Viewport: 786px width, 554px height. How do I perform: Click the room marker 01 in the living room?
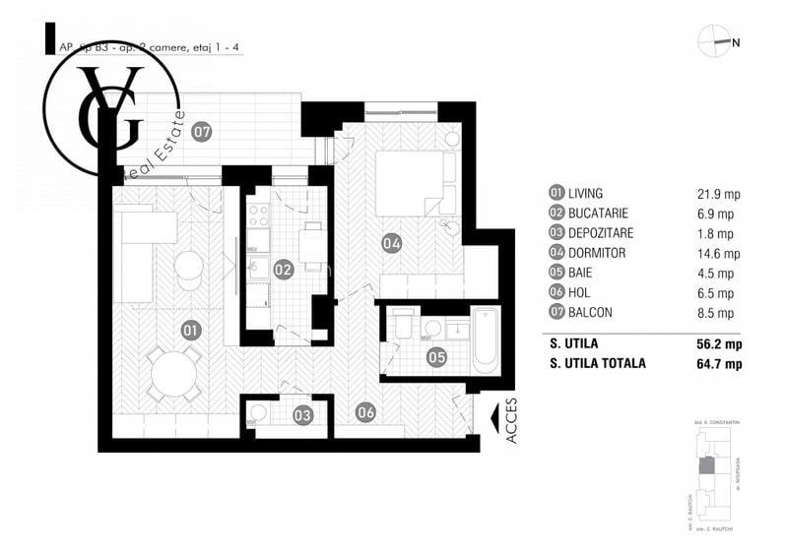[190, 330]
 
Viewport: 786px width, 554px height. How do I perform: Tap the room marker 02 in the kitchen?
[284, 268]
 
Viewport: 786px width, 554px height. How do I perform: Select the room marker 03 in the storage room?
[302, 415]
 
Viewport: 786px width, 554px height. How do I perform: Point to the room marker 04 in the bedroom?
[391, 242]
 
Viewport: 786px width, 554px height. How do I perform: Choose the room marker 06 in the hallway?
[365, 413]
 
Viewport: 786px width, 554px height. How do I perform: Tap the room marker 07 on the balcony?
[201, 131]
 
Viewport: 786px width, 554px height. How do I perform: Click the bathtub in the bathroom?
[486, 340]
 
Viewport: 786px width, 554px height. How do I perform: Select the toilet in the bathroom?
[402, 325]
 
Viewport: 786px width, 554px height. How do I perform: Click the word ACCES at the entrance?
[512, 420]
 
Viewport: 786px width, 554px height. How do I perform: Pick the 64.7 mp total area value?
[718, 364]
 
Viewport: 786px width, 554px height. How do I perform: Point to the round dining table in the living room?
[176, 375]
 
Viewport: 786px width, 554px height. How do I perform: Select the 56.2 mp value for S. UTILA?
[718, 344]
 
